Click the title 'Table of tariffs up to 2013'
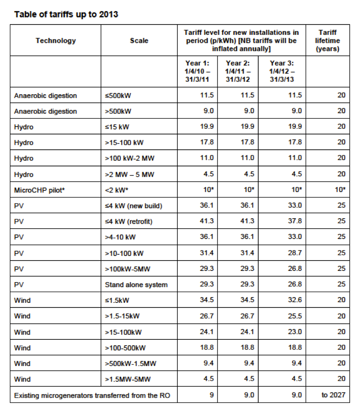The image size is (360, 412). point(66,15)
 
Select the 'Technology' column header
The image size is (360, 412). point(56,41)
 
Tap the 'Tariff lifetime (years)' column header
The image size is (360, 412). point(328,41)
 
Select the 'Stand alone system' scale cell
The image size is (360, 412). point(137,285)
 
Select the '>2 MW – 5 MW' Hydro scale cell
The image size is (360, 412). point(130,174)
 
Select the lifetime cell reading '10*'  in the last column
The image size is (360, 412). point(339,190)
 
